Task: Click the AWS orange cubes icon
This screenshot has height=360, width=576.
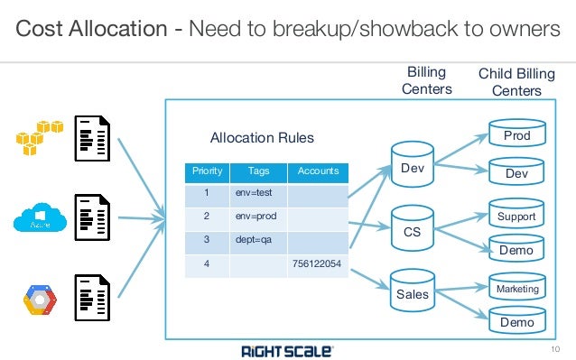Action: click(x=36, y=136)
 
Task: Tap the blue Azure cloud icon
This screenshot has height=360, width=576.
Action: click(x=38, y=219)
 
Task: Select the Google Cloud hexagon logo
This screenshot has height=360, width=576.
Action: click(x=38, y=300)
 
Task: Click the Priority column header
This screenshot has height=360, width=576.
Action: click(x=208, y=171)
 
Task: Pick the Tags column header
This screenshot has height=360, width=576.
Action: click(x=258, y=171)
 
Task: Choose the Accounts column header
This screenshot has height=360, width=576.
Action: click(x=317, y=171)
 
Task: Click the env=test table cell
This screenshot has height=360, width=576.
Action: click(x=258, y=192)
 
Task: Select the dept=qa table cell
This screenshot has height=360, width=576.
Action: click(x=258, y=241)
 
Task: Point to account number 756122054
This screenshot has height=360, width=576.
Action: click(x=317, y=265)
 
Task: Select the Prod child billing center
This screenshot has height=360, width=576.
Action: click(x=516, y=135)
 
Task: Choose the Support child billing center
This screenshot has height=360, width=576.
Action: click(x=516, y=216)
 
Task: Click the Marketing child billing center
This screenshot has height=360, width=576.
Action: click(x=516, y=288)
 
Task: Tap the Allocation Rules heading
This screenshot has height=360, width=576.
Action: click(x=262, y=138)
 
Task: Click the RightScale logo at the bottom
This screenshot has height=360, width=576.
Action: click(x=279, y=348)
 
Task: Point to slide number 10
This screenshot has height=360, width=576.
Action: click(x=554, y=348)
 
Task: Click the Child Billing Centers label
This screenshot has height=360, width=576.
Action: click(x=516, y=80)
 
